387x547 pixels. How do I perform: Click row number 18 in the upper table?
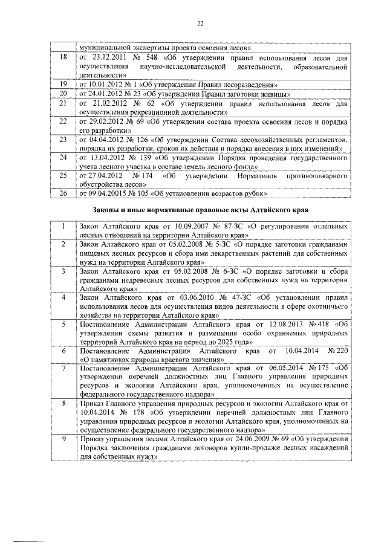tap(63, 57)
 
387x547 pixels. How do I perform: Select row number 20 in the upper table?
tap(63, 94)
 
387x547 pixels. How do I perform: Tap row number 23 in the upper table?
tap(63, 140)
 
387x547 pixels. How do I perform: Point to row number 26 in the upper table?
tap(63, 193)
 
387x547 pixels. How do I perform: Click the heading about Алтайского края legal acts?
tap(201, 209)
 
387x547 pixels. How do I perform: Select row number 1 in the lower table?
tap(63, 225)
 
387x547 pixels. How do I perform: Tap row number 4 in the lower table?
tap(63, 298)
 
